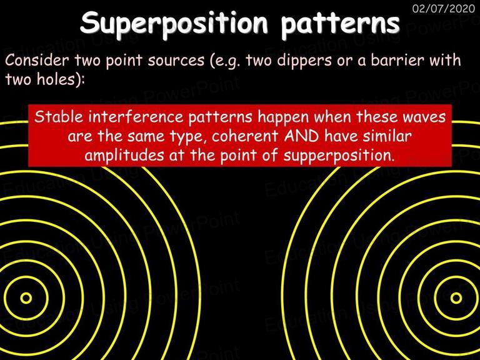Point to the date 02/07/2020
(444, 8)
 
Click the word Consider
(37, 60)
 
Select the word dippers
(304, 61)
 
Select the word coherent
(244, 136)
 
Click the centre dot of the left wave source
(26, 298)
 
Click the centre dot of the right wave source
(456, 298)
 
